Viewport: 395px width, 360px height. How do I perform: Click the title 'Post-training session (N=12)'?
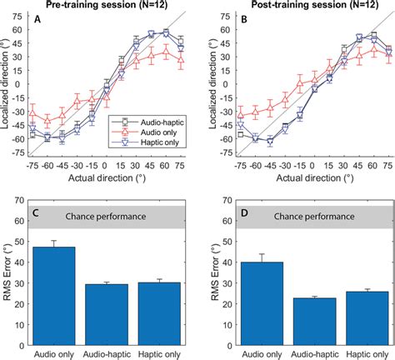click(x=304, y=7)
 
